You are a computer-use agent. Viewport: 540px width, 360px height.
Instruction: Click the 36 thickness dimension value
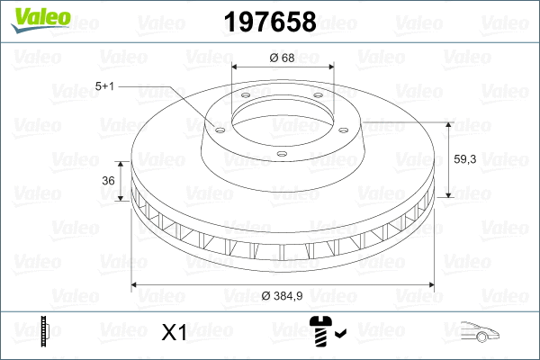click(108, 181)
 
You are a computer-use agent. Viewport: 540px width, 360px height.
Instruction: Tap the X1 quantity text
click(173, 334)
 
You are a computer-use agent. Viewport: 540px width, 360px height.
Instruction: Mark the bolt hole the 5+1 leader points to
click(217, 126)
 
